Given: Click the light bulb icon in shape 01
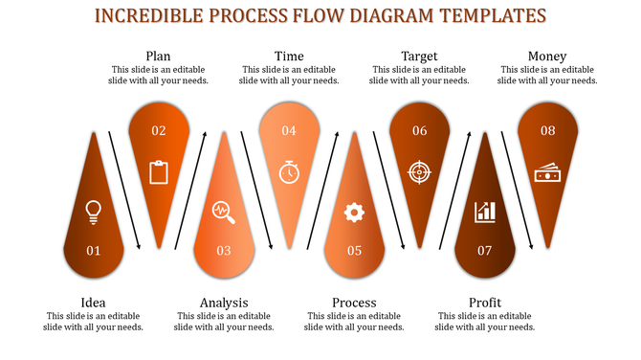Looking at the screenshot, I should [94, 211].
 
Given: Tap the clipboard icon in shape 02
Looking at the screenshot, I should [159, 172].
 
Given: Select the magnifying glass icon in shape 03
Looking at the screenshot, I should [224, 211].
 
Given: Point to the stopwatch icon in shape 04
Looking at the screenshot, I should [289, 171].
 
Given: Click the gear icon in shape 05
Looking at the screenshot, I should [354, 212].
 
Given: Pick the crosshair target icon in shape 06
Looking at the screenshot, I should [419, 171].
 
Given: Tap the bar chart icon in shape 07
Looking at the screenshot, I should [484, 211].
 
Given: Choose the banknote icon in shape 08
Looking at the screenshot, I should [548, 172].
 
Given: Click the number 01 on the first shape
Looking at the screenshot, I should [94, 251].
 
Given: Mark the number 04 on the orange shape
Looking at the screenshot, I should [289, 130].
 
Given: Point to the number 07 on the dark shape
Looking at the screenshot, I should [484, 251].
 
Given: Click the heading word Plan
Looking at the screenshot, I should [159, 56].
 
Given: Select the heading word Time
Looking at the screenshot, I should [289, 56].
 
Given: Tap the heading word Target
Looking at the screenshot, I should [419, 56].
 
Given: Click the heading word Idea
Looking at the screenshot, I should [94, 303].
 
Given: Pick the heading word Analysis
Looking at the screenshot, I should [224, 303].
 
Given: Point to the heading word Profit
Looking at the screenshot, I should [485, 303].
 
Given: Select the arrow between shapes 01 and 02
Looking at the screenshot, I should [125, 190].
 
